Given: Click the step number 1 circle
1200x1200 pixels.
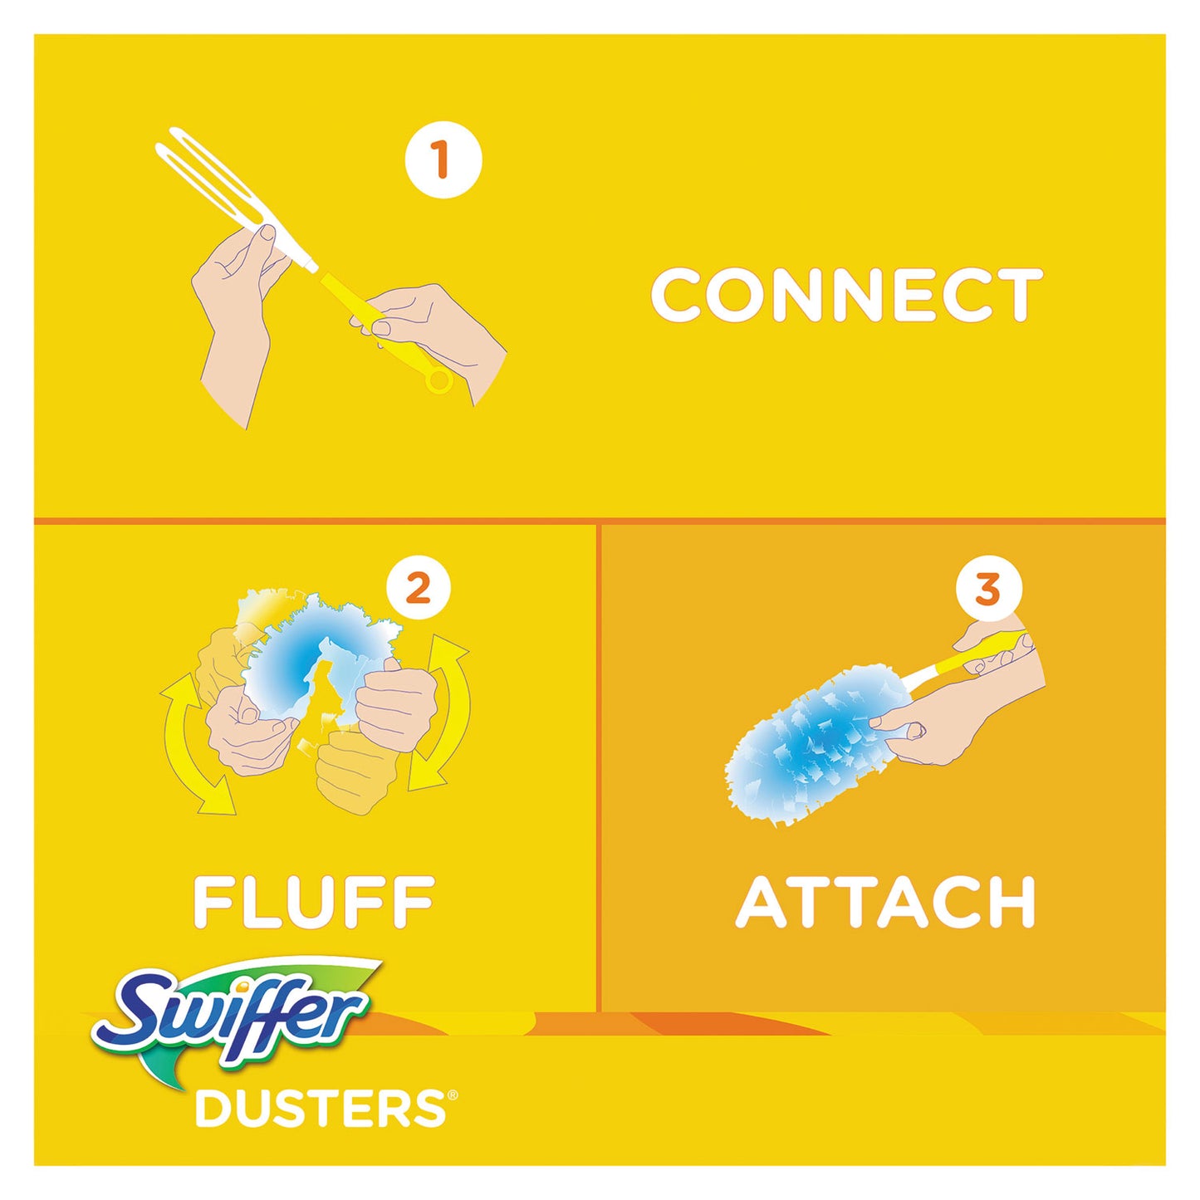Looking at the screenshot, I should [x=443, y=159].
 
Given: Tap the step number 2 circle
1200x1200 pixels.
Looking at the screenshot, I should [x=418, y=589].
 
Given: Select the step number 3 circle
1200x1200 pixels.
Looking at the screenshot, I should [x=988, y=590].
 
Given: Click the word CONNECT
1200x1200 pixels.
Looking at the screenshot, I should [x=846, y=295].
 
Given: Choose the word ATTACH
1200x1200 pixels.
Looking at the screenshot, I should [x=885, y=902].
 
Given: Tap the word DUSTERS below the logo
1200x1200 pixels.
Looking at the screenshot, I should [x=320, y=1109].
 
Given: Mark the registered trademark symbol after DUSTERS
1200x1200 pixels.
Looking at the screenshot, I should [x=452, y=1097].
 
